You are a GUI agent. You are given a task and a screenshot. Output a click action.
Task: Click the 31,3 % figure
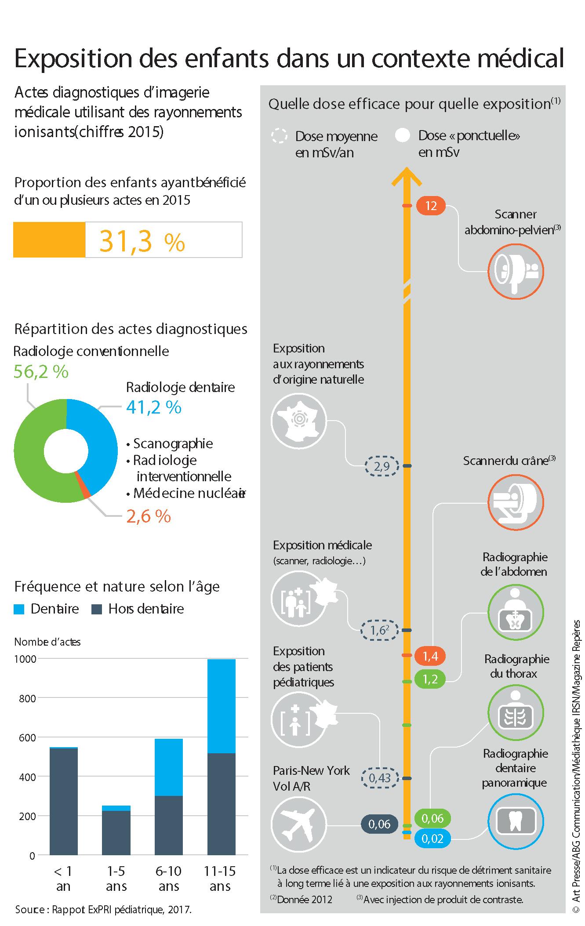(x=142, y=241)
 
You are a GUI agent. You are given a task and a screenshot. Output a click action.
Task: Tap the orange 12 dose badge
(x=431, y=206)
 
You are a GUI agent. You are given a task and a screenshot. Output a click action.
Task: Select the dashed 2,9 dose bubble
(x=382, y=466)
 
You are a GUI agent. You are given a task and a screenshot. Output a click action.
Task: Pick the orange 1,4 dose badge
(x=430, y=656)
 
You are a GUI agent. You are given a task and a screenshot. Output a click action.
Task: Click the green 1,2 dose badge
(x=430, y=679)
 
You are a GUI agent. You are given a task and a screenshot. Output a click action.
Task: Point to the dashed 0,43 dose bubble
(x=380, y=778)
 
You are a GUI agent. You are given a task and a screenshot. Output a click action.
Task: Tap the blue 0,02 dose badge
(x=432, y=839)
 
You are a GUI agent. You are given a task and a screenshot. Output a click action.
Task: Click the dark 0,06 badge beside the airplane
(x=379, y=824)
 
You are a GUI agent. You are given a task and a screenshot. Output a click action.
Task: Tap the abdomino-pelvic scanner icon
(x=516, y=271)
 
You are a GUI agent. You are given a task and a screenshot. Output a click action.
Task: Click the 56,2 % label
(x=41, y=372)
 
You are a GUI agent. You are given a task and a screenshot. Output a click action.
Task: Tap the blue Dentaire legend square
(x=19, y=609)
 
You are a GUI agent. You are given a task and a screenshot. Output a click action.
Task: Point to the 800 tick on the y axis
(x=26, y=698)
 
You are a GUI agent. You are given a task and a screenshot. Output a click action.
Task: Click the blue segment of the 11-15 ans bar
(x=221, y=706)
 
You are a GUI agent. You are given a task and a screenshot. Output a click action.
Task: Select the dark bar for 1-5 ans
(x=116, y=832)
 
